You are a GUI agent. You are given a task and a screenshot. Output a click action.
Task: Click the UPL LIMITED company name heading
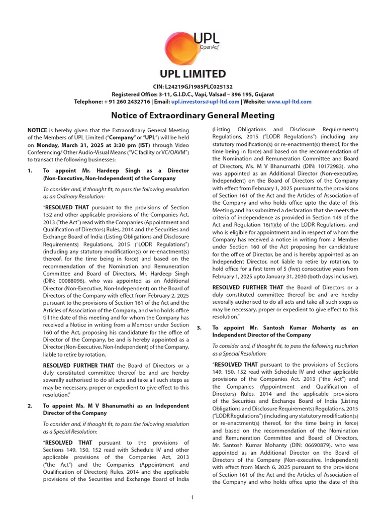click(192, 74)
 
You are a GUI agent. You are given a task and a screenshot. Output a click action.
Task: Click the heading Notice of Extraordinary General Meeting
click(192, 116)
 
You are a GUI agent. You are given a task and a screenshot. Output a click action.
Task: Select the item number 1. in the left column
click(30, 171)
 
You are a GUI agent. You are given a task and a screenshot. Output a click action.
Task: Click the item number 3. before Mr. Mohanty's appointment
click(199, 328)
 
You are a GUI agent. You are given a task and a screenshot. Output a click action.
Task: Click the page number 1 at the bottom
click(192, 498)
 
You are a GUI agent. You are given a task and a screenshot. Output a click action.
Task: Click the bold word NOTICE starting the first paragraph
click(37, 130)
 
